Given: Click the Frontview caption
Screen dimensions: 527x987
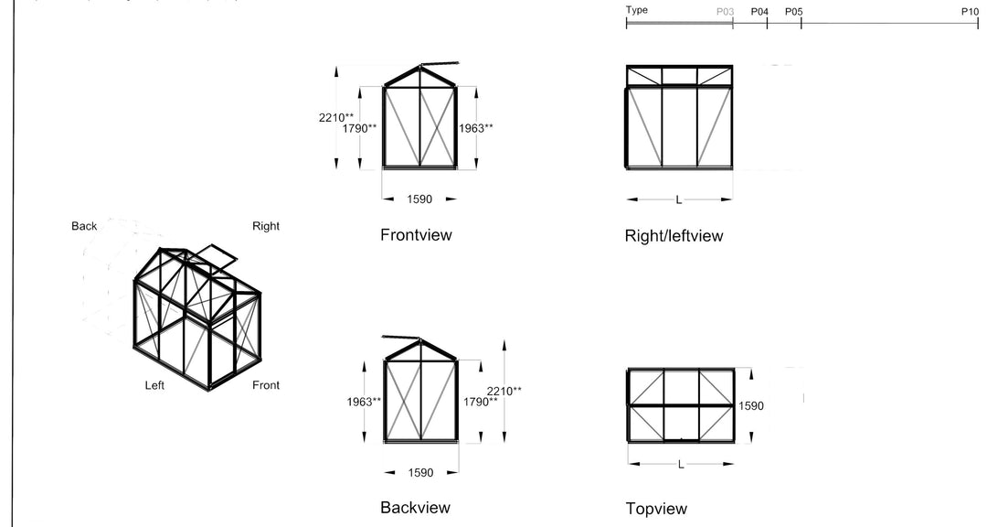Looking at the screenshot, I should pyautogui.click(x=416, y=235).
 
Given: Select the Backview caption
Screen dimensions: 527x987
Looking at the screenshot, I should pyautogui.click(x=415, y=508).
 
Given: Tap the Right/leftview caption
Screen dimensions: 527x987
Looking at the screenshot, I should pyautogui.click(x=674, y=236).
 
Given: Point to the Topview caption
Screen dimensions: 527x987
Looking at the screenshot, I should pyautogui.click(x=656, y=509).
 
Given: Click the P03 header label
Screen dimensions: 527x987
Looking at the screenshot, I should pyautogui.click(x=725, y=12).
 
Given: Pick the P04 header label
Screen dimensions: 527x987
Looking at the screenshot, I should pyautogui.click(x=759, y=12).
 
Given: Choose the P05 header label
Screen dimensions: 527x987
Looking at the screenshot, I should pyautogui.click(x=793, y=12).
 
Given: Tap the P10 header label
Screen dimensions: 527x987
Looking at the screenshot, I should pyautogui.click(x=970, y=12).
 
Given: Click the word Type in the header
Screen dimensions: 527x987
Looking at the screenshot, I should pyautogui.click(x=637, y=10).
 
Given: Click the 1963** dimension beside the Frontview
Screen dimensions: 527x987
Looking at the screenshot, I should pyautogui.click(x=476, y=128).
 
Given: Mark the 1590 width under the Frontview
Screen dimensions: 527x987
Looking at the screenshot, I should pyautogui.click(x=419, y=199).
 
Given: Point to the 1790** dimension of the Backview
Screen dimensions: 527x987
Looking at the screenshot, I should pyautogui.click(x=481, y=402).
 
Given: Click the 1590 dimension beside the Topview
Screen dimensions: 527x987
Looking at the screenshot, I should pyautogui.click(x=751, y=406).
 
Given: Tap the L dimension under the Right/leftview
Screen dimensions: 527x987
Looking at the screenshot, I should pyautogui.click(x=678, y=199).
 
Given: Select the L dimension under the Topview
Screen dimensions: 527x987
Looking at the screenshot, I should pyautogui.click(x=681, y=465).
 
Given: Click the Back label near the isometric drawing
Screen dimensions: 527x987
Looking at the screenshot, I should pyautogui.click(x=84, y=226).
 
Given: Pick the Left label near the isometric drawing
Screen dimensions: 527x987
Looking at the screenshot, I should pyautogui.click(x=154, y=385).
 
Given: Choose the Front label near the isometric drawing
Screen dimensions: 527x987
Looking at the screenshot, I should pyautogui.click(x=266, y=385).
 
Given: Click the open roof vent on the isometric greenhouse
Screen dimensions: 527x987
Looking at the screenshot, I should pyautogui.click(x=215, y=256).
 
